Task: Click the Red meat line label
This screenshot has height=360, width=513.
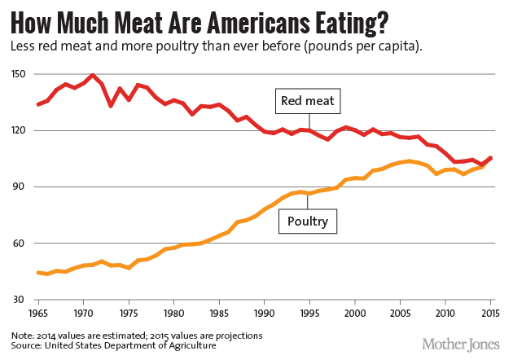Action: (x=309, y=102)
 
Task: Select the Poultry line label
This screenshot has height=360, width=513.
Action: (x=309, y=220)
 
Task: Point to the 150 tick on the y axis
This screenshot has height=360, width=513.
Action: (x=19, y=74)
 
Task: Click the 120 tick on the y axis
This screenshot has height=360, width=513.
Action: (x=19, y=130)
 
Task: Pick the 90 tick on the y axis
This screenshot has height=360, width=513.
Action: (x=20, y=187)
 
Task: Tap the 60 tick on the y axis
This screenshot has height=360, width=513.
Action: (x=20, y=243)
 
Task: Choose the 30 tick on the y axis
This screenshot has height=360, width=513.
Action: (x=20, y=299)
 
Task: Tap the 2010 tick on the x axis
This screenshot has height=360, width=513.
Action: (x=445, y=312)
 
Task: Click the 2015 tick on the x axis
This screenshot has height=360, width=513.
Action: (x=489, y=312)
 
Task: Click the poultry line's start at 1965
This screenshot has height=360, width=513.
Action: (x=38, y=272)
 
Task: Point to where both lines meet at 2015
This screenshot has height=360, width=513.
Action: (x=490, y=158)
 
